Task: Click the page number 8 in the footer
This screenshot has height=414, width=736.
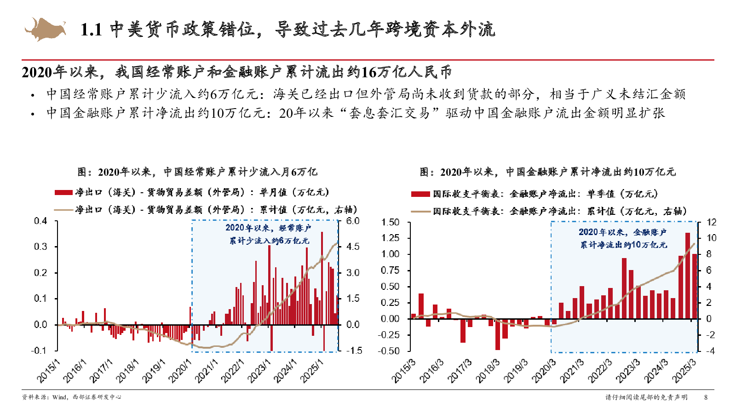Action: coord(706,397)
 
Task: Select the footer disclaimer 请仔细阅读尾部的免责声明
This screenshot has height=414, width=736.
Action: coord(646,397)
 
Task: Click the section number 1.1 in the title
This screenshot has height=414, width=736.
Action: coord(91,30)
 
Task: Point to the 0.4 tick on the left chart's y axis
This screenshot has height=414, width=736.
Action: coord(40,221)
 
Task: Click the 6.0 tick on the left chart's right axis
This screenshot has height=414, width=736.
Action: coord(353,221)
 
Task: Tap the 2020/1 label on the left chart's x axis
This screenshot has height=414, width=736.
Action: coord(180,372)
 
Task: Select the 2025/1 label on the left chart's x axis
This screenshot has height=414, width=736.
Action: coord(312,372)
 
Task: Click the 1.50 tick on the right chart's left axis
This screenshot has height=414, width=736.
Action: coord(391,223)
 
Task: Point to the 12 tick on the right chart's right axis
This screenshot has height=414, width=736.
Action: coord(711,223)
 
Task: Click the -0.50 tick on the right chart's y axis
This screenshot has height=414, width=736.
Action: coord(389,351)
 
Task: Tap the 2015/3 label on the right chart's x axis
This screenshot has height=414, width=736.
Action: coord(403,372)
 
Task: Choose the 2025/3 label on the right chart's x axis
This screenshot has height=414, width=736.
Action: coord(684,372)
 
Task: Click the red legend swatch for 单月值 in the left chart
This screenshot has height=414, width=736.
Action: coord(63,193)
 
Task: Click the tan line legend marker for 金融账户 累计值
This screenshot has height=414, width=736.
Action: coord(420,212)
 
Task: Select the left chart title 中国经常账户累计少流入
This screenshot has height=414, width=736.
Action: coord(197,172)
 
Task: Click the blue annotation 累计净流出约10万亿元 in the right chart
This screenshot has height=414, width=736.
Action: coord(623,245)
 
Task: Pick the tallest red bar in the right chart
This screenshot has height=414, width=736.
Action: coord(688,276)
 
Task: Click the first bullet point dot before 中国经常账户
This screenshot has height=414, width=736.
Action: coord(32,96)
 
